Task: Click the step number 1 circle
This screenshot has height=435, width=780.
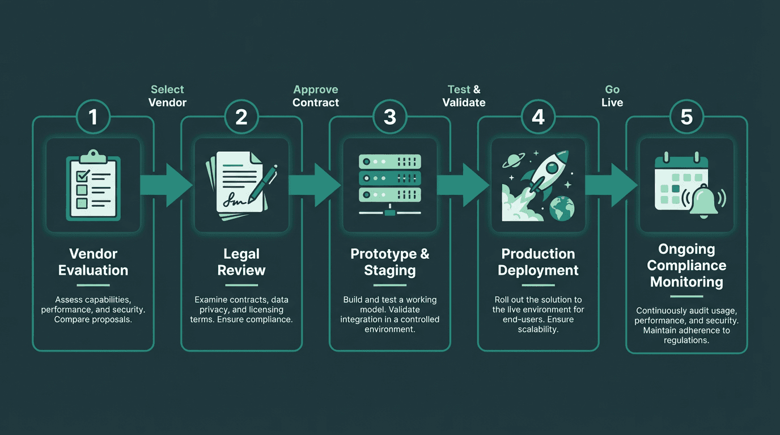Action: click(x=93, y=117)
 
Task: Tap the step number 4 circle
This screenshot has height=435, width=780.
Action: click(x=538, y=117)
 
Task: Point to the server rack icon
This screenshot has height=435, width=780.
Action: click(x=390, y=185)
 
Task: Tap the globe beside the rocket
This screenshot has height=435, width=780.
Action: click(x=562, y=208)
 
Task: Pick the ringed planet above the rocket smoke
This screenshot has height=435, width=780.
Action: click(x=513, y=160)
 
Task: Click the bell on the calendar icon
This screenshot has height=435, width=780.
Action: click(x=703, y=201)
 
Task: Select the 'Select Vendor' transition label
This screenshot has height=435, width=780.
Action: click(x=167, y=96)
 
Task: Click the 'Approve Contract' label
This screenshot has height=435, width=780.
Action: click(x=316, y=96)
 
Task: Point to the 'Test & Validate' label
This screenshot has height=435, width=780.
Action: click(x=464, y=96)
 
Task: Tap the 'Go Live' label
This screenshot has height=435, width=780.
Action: click(x=612, y=96)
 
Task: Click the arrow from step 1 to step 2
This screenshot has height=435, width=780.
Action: click(x=167, y=185)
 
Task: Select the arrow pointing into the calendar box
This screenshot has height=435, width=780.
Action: click(x=612, y=185)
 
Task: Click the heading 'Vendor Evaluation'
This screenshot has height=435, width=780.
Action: click(x=94, y=262)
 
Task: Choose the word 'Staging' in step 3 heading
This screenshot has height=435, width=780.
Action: click(x=390, y=271)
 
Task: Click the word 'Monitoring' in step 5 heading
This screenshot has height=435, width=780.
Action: click(x=686, y=282)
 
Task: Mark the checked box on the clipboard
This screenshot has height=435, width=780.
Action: click(x=83, y=176)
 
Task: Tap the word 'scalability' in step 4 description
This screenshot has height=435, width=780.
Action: click(x=537, y=329)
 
